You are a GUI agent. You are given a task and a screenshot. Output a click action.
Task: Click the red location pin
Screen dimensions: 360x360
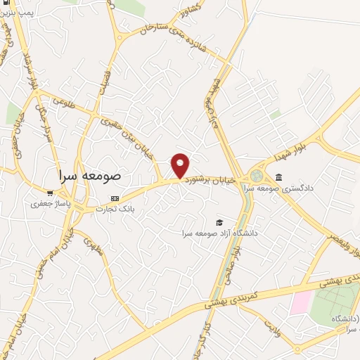tap(181, 164)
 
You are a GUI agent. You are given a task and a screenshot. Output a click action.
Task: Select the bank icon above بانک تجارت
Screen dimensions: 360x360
tap(115, 199)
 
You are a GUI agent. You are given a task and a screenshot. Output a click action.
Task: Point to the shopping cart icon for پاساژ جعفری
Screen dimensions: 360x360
tap(50, 193)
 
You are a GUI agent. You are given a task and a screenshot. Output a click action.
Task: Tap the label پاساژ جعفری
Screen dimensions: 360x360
tap(48, 204)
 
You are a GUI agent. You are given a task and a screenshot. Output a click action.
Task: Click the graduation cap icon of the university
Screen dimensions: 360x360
tap(218, 222)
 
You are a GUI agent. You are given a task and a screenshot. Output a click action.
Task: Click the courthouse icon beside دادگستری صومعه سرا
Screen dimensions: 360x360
tap(279, 176)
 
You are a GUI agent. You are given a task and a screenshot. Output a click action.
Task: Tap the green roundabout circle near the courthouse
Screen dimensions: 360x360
tap(255, 174)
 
